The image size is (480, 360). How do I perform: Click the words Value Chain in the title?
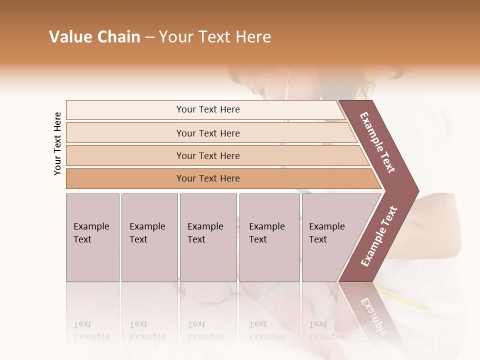(x=94, y=37)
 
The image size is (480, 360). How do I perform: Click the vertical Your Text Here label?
(x=57, y=143)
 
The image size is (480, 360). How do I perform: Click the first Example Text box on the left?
(x=92, y=237)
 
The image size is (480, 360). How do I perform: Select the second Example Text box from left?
(x=149, y=237)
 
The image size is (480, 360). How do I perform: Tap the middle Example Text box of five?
(x=208, y=237)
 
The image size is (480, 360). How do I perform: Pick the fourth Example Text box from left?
(x=269, y=237)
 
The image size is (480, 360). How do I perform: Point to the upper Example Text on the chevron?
(x=377, y=142)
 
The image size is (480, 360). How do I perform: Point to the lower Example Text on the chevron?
(x=379, y=236)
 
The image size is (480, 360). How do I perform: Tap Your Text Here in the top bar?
(x=208, y=109)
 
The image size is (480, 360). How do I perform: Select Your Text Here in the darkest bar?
(x=208, y=178)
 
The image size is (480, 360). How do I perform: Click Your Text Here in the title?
(x=215, y=37)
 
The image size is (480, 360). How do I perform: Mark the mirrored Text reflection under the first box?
(x=82, y=324)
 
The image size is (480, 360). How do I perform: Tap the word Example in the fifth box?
(x=326, y=226)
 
